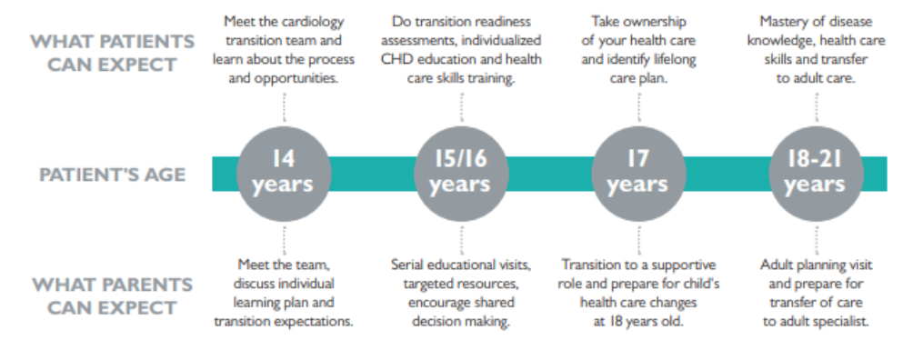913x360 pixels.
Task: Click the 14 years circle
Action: [x=284, y=174]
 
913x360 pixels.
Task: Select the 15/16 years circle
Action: [x=461, y=174]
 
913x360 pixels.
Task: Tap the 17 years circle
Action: [x=638, y=174]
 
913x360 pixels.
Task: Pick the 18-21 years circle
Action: [x=816, y=174]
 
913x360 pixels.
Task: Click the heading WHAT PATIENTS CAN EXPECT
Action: [x=113, y=53]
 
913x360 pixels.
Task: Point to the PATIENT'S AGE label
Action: [x=113, y=175]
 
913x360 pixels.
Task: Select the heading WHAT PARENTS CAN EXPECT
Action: [x=113, y=296]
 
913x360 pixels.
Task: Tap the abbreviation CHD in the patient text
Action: [x=394, y=59]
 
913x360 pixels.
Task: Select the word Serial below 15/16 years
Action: [x=407, y=265]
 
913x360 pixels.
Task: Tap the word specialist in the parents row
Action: [x=841, y=322]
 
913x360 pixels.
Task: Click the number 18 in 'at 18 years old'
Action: [x=616, y=321]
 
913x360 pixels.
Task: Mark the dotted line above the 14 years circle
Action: [x=284, y=107]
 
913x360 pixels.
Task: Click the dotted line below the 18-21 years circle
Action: [x=816, y=240]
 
